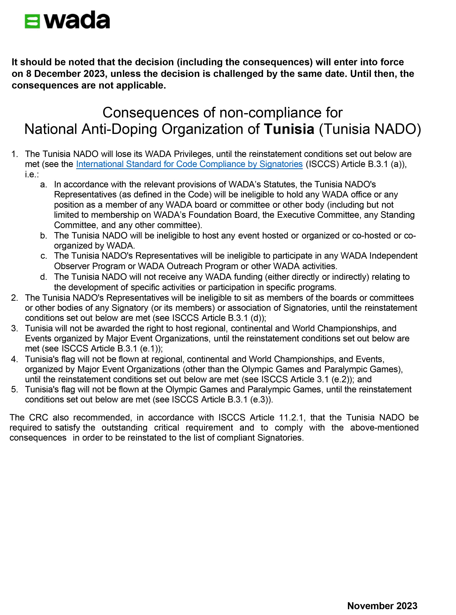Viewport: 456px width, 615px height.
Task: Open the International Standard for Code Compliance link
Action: [x=189, y=164]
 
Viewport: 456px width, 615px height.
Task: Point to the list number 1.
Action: [x=14, y=154]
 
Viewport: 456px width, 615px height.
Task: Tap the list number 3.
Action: [x=14, y=328]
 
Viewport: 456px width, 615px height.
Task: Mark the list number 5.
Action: [x=14, y=389]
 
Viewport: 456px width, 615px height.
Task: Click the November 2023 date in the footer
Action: [x=382, y=606]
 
